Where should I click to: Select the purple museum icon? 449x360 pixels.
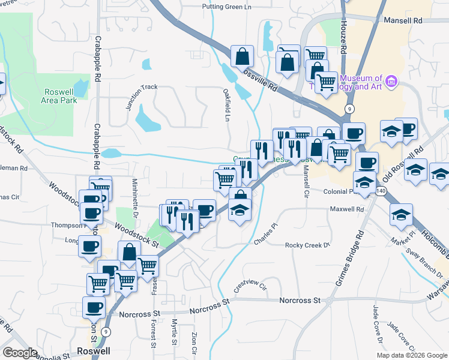point(391,80)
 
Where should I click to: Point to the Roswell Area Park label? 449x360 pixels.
point(61,96)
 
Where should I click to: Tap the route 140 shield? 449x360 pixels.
point(380,190)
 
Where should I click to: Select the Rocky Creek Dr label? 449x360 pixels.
point(308,245)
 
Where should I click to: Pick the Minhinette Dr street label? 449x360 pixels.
point(136,197)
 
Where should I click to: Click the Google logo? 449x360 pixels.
point(20,353)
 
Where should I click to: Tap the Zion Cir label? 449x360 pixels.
point(193,342)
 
